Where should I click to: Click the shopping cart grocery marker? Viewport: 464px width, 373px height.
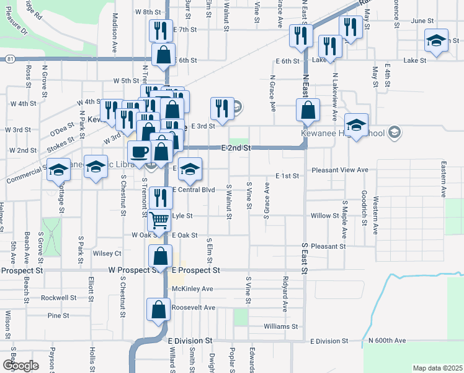click(160, 219)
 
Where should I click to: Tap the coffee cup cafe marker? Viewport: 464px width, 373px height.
click(140, 152)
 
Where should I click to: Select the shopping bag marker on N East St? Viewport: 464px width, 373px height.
click(308, 111)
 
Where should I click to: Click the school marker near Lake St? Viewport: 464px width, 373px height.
click(437, 42)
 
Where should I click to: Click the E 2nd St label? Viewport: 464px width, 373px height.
click(236, 148)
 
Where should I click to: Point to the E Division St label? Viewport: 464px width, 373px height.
click(190, 341)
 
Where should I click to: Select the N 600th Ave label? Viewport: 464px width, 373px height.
click(386, 341)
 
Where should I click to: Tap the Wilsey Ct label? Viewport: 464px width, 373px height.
click(107, 254)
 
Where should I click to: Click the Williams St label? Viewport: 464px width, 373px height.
click(280, 326)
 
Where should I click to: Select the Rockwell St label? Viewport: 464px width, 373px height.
click(58, 298)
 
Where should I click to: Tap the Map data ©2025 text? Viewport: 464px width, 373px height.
click(437, 368)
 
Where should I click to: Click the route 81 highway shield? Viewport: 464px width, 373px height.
click(10, 58)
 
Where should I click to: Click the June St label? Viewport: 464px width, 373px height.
click(421, 21)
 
